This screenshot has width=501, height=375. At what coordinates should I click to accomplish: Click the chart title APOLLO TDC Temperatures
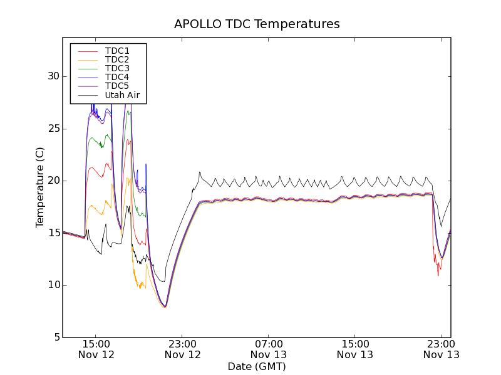pyautogui.click(x=257, y=24)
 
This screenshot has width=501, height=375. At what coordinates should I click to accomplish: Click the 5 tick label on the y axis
pyautogui.click(x=56, y=337)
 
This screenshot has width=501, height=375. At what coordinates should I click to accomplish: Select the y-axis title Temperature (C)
pyautogui.click(x=40, y=187)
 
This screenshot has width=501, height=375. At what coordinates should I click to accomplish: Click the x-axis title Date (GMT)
pyautogui.click(x=257, y=366)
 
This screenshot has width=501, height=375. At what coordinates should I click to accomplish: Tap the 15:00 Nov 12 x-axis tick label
pyautogui.click(x=96, y=349)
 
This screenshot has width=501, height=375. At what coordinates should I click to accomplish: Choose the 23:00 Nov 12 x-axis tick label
pyautogui.click(x=183, y=349)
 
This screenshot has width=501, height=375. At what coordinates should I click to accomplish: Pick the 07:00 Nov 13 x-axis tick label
pyautogui.click(x=269, y=349)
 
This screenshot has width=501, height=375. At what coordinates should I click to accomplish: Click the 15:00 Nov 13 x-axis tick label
pyautogui.click(x=355, y=349)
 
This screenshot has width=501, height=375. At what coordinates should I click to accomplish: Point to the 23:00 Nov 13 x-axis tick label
pyautogui.click(x=441, y=349)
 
